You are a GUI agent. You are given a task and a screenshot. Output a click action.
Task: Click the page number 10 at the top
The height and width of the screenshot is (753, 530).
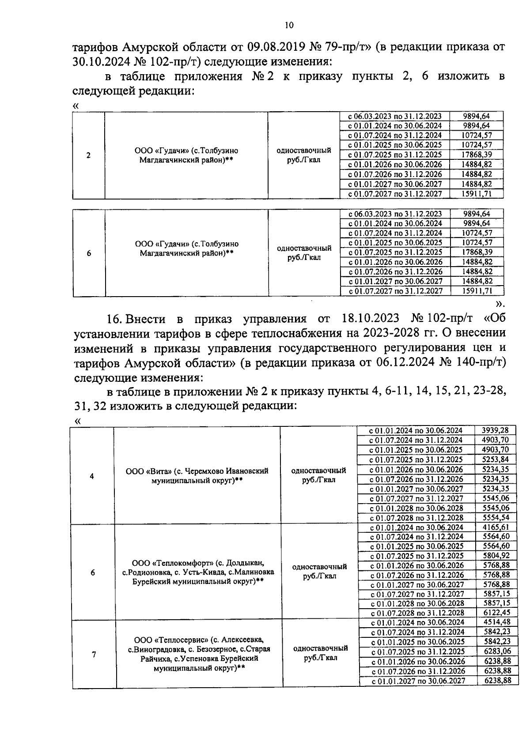click(289, 25)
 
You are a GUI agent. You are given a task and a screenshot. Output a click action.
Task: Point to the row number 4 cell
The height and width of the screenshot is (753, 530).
click(92, 476)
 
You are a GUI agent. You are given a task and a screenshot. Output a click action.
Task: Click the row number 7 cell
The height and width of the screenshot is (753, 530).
click(94, 655)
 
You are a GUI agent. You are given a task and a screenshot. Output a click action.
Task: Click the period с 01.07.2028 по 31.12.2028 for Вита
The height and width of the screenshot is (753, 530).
click(416, 518)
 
